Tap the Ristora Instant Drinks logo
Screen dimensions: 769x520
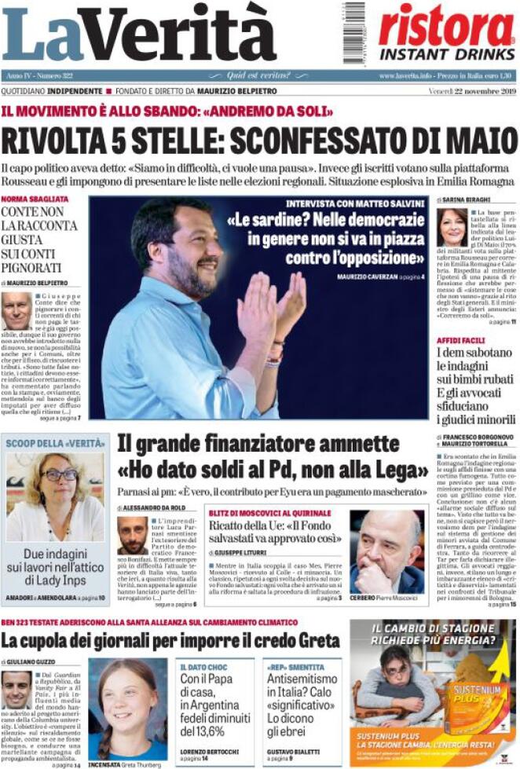[x=445, y=32]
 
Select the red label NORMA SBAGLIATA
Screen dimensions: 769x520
[x=35, y=199]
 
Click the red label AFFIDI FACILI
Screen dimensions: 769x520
[x=463, y=340]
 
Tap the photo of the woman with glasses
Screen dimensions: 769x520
[x=55, y=494]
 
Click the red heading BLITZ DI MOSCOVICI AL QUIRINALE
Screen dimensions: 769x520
[x=269, y=512]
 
